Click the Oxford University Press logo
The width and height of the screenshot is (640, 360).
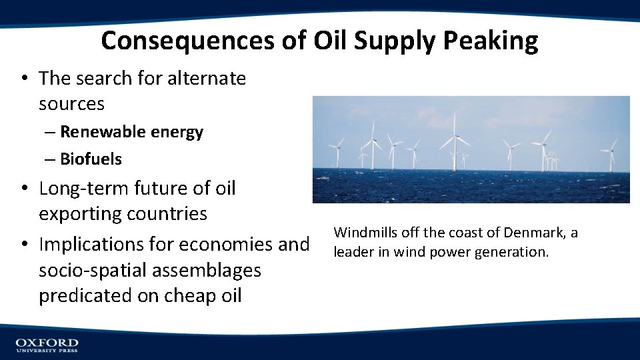click(47, 345)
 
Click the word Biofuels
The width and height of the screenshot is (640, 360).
click(91, 159)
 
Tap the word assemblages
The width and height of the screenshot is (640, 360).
click(210, 271)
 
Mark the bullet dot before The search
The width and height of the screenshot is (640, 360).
click(24, 79)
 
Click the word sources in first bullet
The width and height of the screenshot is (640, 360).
click(71, 104)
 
